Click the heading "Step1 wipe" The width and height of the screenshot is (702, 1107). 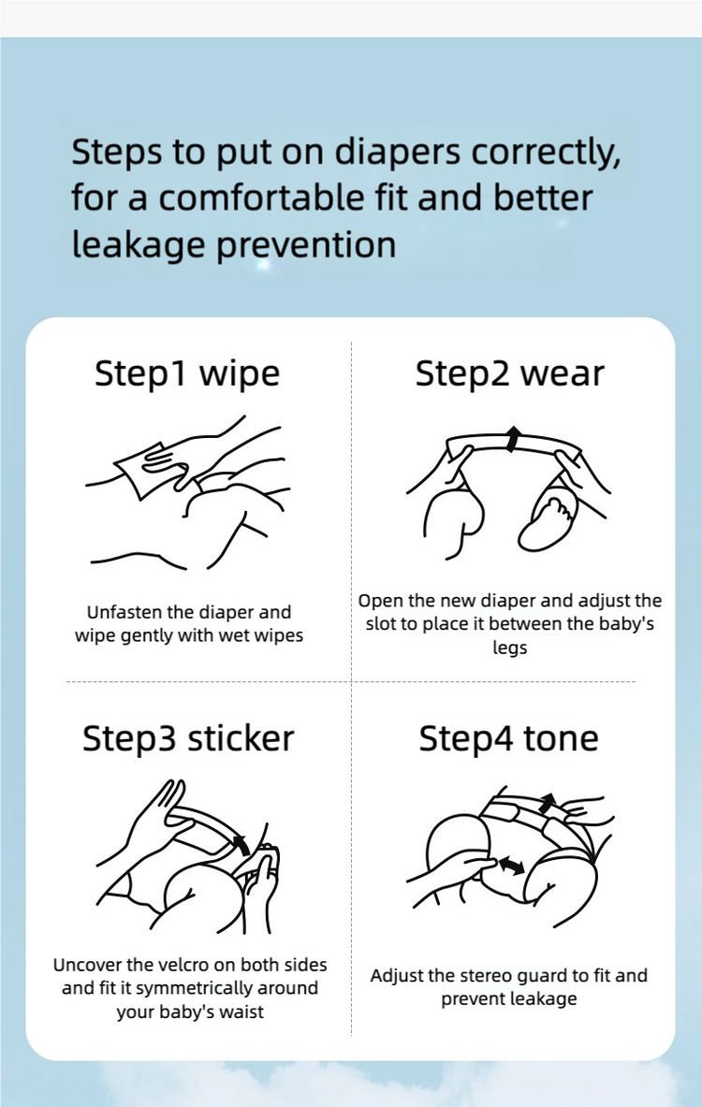click(187, 373)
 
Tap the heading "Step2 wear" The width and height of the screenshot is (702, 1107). click(510, 373)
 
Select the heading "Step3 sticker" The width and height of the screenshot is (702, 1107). click(188, 738)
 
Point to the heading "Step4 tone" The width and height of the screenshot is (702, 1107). click(508, 738)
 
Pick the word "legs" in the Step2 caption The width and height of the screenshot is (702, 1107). click(510, 648)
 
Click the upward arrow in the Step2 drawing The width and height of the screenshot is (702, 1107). click(514, 439)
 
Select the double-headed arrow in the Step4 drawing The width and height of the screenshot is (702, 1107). click(510, 864)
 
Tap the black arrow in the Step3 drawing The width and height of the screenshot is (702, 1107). click(241, 844)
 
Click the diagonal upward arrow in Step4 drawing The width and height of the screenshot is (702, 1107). click(547, 804)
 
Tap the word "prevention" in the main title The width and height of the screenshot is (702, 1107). click(306, 246)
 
